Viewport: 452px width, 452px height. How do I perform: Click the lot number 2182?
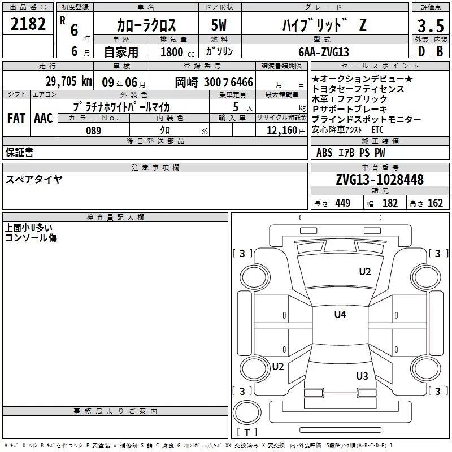click(x=28, y=24)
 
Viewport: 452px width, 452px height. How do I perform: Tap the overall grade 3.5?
click(x=431, y=25)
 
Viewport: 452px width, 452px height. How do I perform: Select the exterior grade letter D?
click(x=421, y=51)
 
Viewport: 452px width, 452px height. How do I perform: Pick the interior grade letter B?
click(x=440, y=51)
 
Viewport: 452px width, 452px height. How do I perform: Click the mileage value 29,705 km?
click(x=69, y=81)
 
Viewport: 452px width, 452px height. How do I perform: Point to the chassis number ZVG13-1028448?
click(x=380, y=180)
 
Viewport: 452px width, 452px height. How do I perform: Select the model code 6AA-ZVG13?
click(x=324, y=52)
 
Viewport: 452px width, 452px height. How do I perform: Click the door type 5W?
click(x=219, y=25)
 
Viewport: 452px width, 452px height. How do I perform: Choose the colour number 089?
click(x=94, y=131)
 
